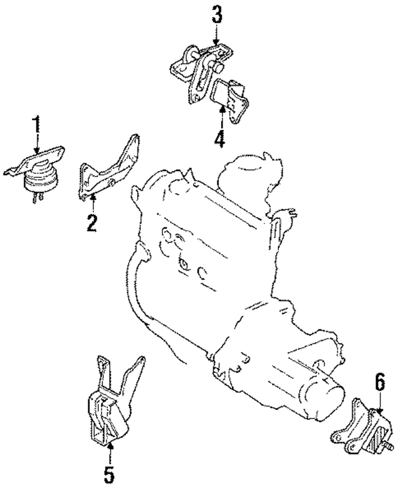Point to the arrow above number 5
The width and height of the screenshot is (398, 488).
click(x=110, y=452)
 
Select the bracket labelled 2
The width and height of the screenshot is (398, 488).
click(x=107, y=171)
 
